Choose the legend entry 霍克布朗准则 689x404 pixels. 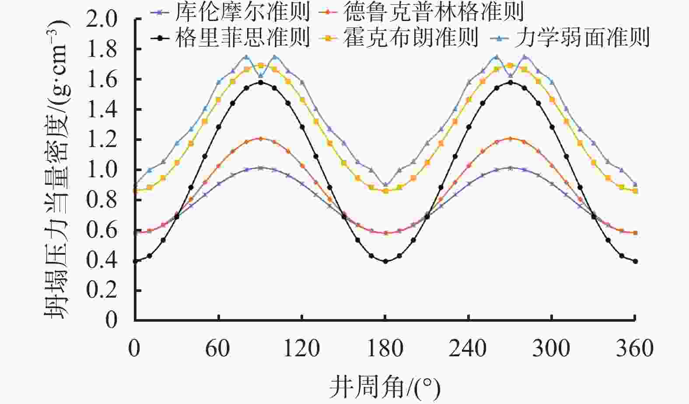pyautogui.click(x=411, y=38)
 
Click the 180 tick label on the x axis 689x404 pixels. pyautogui.click(x=385, y=349)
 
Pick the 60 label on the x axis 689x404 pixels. pyautogui.click(x=218, y=349)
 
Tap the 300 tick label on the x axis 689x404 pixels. pyautogui.click(x=552, y=349)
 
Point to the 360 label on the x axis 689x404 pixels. pyautogui.click(x=635, y=349)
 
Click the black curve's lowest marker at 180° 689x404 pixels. pyautogui.click(x=385, y=261)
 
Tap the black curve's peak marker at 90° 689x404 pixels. pyautogui.click(x=260, y=82)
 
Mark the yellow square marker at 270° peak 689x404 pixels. pyautogui.click(x=510, y=65)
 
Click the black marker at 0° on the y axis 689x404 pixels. pyautogui.click(x=135, y=261)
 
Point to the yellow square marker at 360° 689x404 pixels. pyautogui.click(x=635, y=191)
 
